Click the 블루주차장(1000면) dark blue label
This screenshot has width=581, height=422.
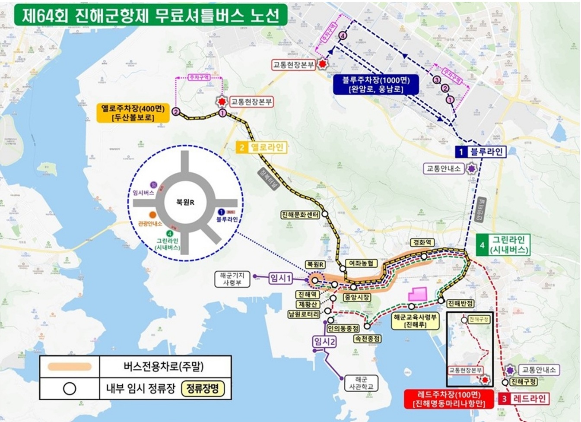[376, 84]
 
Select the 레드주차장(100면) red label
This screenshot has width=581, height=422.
[449, 399]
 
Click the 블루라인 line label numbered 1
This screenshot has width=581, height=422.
[480, 152]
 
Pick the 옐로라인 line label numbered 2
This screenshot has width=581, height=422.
[261, 148]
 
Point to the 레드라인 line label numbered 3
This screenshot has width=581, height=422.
[523, 399]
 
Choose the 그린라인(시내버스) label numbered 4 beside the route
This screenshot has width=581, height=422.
[504, 245]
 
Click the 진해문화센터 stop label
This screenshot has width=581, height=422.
[301, 215]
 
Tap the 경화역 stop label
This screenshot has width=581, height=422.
[422, 243]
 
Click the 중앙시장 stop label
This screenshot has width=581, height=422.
[357, 297]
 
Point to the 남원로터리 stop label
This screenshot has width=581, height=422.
[304, 314]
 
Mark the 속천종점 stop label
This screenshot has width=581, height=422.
[367, 339]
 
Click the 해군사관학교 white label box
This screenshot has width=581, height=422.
[361, 383]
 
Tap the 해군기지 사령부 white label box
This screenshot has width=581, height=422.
[232, 279]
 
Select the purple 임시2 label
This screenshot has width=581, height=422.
[324, 342]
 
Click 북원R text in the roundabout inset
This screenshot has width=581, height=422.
[185, 202]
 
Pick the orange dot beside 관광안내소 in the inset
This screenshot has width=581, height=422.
[152, 215]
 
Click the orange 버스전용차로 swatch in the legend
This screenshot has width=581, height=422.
[70, 367]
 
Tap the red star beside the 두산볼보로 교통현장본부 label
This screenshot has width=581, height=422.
[222, 102]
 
